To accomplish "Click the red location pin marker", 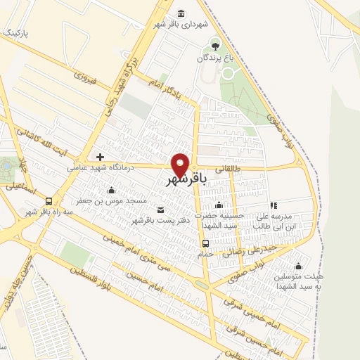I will pos(181,165).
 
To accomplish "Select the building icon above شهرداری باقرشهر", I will pos(182,13).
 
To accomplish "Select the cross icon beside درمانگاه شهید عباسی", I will pos(101,156).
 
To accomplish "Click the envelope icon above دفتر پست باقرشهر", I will pos(160,210).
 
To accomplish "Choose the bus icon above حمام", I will pos(205,244).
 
